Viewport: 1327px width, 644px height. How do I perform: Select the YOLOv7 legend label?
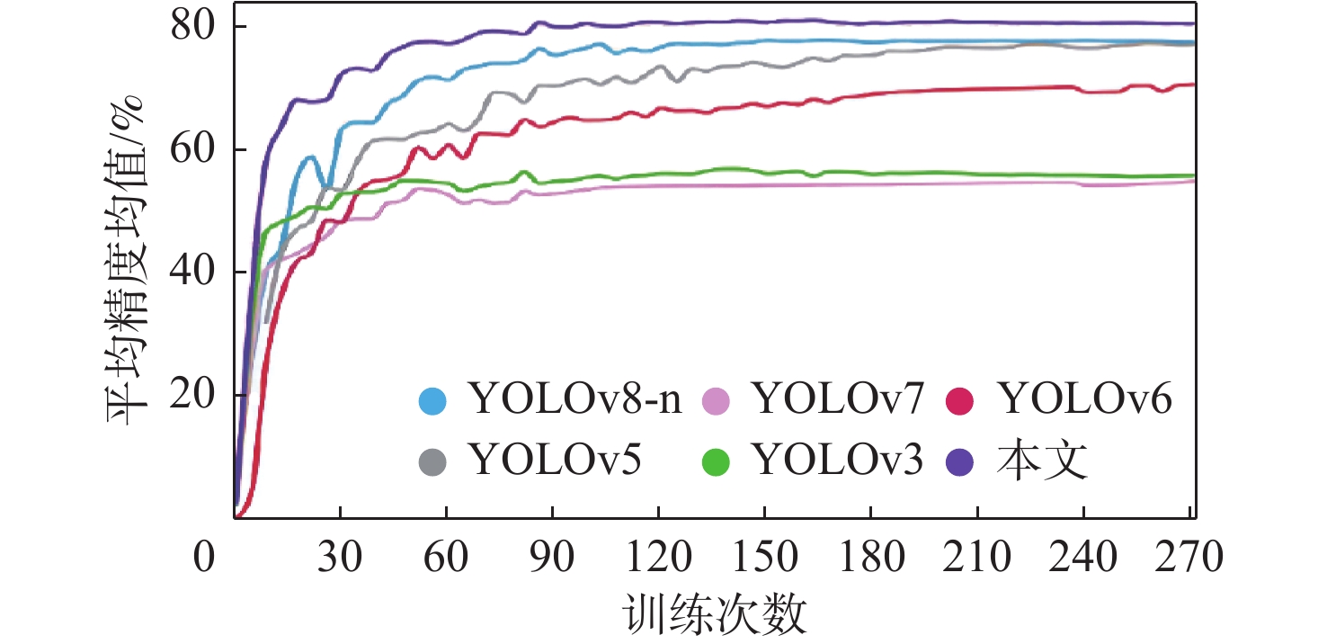pos(839,399)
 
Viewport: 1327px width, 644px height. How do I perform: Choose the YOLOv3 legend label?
pos(839,461)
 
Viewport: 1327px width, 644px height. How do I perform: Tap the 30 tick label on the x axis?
pos(340,558)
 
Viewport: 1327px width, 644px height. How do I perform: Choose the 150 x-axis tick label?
pos(764,558)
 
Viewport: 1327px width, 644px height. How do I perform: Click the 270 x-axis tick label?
pos(1189,558)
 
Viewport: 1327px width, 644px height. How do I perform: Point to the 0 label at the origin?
pos(206,558)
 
